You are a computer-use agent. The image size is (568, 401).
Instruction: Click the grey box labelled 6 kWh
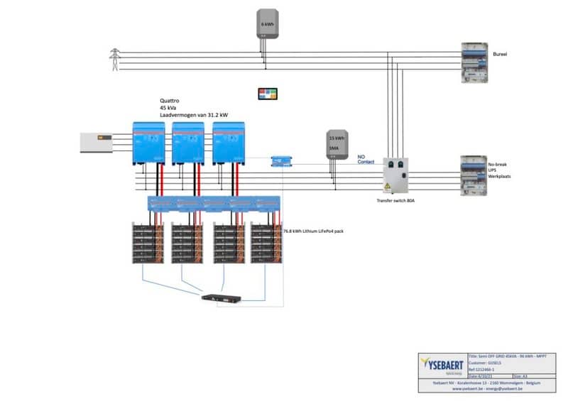[x=268, y=23]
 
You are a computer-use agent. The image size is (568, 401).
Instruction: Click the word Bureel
[x=501, y=54]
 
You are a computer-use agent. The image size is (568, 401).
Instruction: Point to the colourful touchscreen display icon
[x=268, y=94]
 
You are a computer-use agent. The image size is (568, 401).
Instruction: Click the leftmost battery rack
[x=148, y=244]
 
